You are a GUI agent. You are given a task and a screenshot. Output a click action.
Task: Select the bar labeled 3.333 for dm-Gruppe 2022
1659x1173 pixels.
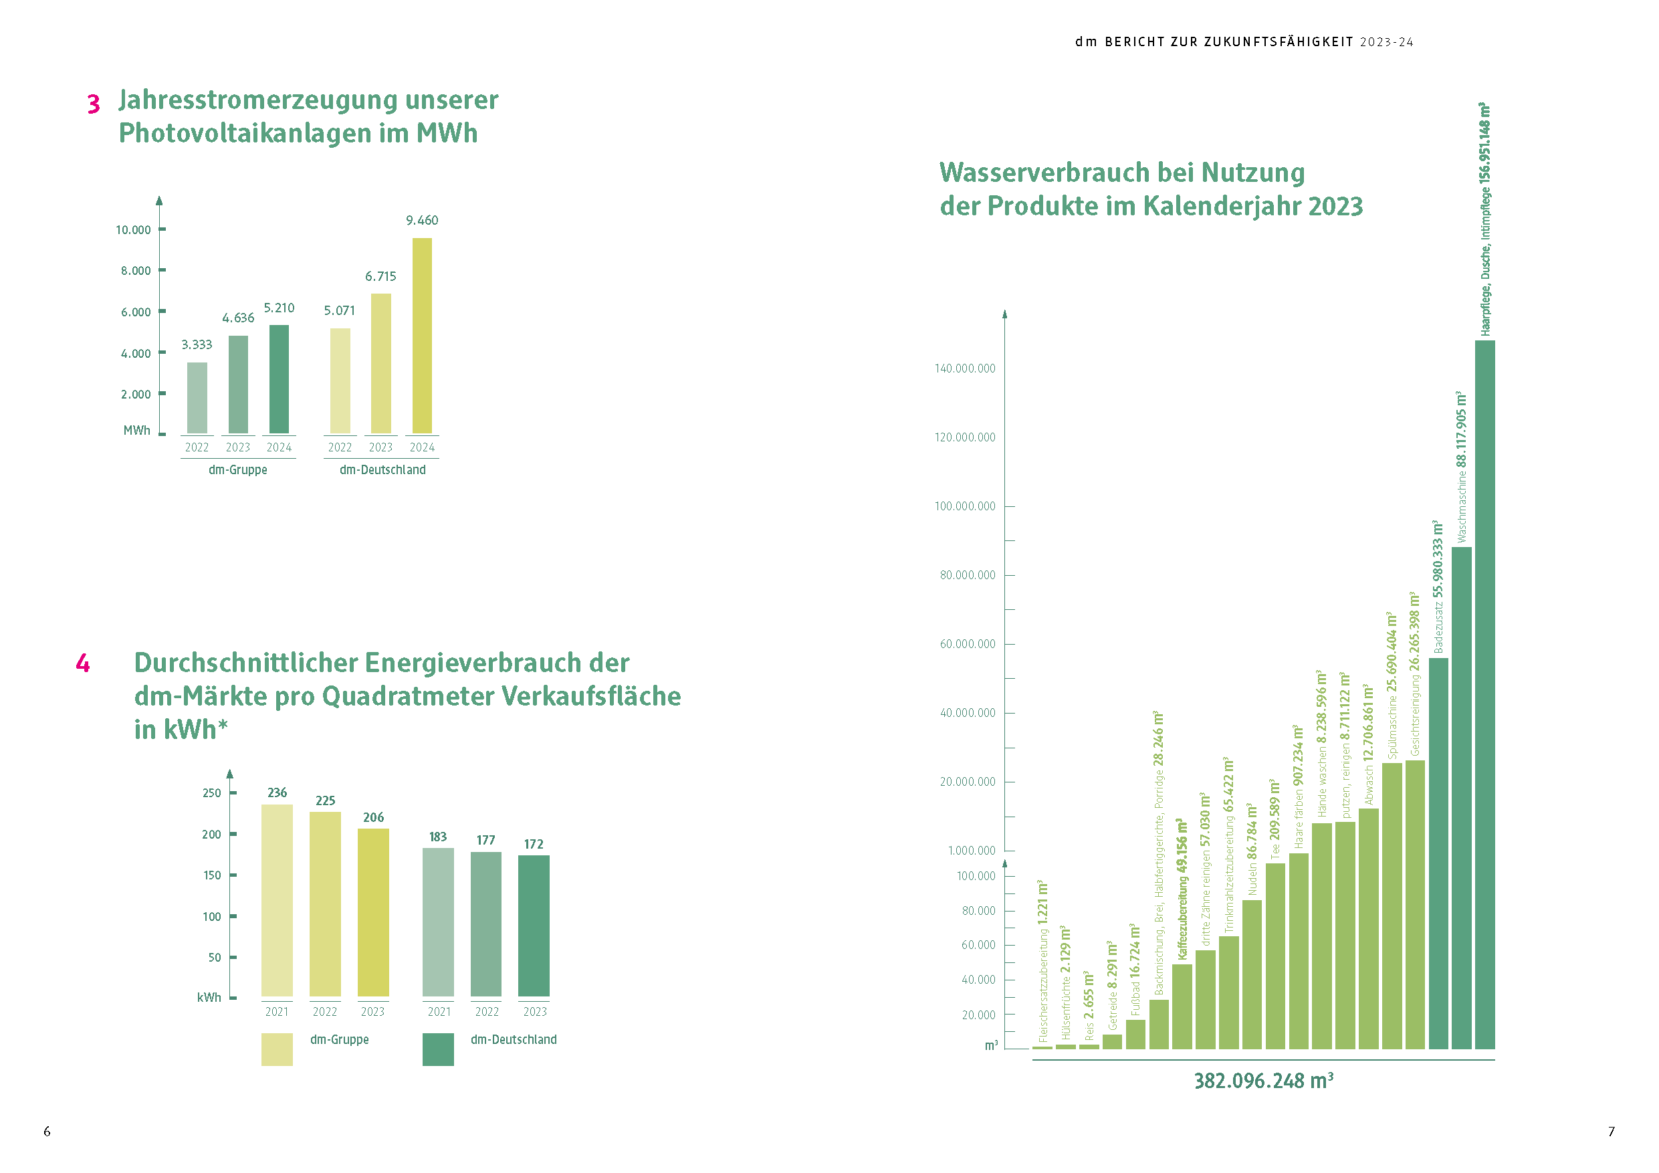pyautogui.click(x=197, y=397)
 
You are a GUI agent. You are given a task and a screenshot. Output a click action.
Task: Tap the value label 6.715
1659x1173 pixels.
pyautogui.click(x=380, y=276)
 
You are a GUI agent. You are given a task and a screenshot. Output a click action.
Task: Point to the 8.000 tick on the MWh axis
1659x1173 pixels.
pyautogui.click(x=136, y=270)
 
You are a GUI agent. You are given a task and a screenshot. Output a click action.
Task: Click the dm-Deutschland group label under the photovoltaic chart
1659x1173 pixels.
pyautogui.click(x=382, y=469)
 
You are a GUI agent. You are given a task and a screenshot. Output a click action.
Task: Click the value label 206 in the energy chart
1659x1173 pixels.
pyautogui.click(x=374, y=817)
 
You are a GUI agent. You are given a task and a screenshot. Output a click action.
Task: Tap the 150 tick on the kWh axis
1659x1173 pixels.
pyautogui.click(x=212, y=875)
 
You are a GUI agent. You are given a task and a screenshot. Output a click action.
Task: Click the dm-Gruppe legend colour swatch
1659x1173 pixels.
pyautogui.click(x=277, y=1049)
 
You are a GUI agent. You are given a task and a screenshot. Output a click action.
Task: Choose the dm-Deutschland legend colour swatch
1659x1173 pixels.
pyautogui.click(x=438, y=1049)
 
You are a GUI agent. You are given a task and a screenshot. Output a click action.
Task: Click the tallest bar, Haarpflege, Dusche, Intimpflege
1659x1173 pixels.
pyautogui.click(x=1484, y=694)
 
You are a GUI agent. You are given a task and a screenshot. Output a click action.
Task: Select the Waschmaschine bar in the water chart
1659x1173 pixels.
pyautogui.click(x=1461, y=797)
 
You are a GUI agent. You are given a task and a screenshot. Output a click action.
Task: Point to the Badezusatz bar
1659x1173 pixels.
pyautogui.click(x=1438, y=853)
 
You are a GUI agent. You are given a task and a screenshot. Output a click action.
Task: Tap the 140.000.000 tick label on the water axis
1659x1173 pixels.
pyautogui.click(x=965, y=368)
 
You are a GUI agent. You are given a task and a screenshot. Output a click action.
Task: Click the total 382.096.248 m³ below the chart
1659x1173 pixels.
pyautogui.click(x=1263, y=1081)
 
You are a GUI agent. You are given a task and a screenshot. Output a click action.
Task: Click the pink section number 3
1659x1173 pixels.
pyautogui.click(x=93, y=104)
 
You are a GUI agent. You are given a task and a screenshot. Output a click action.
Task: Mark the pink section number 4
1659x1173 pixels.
pyautogui.click(x=83, y=663)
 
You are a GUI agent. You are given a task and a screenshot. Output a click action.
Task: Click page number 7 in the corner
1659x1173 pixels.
pyautogui.click(x=1611, y=1131)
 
